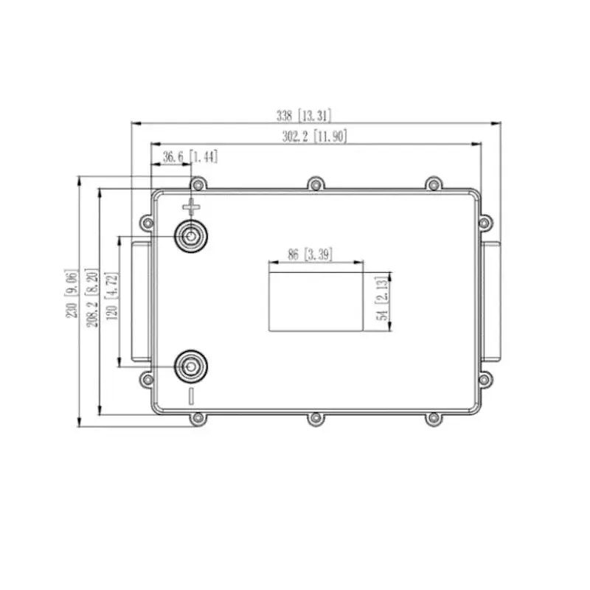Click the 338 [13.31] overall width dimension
pos(303,115)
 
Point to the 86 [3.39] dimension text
pos(309,255)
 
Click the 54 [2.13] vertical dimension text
pos(381,302)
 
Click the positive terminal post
pos(191,237)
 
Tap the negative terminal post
pos(191,365)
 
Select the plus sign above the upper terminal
pos(191,206)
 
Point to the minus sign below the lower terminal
pos(191,395)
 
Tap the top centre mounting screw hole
pos(315,184)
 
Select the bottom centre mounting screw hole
pos(315,418)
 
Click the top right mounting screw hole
pos(434,184)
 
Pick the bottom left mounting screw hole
pos(197,418)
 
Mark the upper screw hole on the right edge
pos(484,222)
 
